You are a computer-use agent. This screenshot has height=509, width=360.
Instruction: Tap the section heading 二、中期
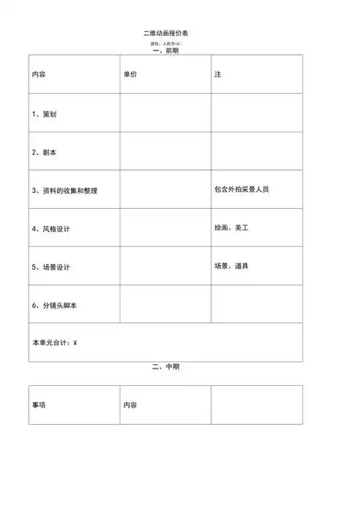[166, 367]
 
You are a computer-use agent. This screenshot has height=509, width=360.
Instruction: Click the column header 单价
[130, 75]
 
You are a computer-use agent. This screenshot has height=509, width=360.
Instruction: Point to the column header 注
[217, 75]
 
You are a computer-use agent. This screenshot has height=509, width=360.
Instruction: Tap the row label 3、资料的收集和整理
[64, 191]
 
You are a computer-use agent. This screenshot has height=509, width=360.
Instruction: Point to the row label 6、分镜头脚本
[55, 305]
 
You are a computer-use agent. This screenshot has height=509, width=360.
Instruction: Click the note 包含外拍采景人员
[242, 189]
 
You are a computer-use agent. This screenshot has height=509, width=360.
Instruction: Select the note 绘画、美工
[231, 228]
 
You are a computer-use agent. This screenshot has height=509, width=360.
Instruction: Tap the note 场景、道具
[231, 266]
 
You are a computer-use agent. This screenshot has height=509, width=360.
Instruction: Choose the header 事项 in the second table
[40, 405]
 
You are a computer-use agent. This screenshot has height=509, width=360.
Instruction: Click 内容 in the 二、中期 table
[130, 405]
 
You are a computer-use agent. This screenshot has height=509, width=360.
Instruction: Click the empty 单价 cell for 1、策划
[165, 113]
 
